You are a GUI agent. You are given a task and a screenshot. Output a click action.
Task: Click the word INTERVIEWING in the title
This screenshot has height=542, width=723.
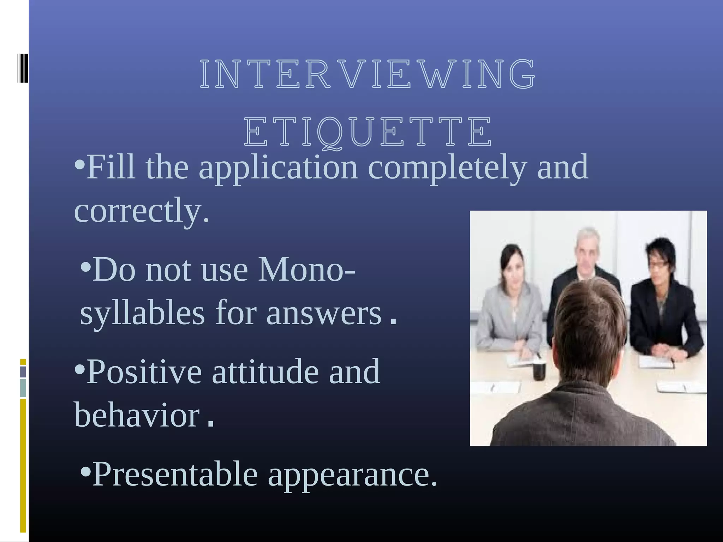click(367, 74)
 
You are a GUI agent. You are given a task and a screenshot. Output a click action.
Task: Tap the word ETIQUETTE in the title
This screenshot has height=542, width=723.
click(367, 132)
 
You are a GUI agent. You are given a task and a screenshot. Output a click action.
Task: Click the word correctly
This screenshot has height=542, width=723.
click(141, 211)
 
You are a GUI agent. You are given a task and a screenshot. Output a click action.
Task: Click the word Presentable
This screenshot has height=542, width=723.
click(175, 474)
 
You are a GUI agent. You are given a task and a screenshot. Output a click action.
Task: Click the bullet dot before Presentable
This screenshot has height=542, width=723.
click(85, 471)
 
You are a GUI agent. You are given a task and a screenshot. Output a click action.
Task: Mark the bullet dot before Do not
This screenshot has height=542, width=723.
click(85, 267)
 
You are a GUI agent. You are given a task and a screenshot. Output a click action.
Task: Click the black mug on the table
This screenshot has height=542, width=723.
click(539, 371)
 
